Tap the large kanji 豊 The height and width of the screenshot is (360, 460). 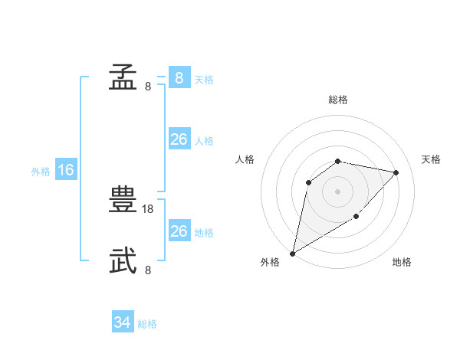tap(123, 199)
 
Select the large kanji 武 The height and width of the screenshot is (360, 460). tap(123, 260)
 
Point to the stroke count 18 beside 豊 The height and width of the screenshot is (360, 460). tap(148, 208)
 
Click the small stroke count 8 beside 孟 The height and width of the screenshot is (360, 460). tap(148, 87)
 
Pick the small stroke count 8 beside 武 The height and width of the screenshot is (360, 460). tap(148, 270)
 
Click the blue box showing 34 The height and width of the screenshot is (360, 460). tap(123, 322)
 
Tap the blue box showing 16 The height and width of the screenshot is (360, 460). tap(66, 170)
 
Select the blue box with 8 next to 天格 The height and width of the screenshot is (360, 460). tap(179, 77)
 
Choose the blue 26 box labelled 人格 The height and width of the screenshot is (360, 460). tap(179, 139)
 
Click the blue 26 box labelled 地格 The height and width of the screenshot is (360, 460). tap(179, 231)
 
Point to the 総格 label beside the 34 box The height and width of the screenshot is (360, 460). tap(147, 324)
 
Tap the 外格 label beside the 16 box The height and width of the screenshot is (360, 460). tap(41, 172)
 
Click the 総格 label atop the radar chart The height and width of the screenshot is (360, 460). tap(338, 100)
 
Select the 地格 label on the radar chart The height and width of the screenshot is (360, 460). tap(402, 262)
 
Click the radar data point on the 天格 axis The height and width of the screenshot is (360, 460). tap(396, 172)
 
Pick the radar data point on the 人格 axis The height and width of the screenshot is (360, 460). tap(309, 182)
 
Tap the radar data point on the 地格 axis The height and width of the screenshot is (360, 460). tap(356, 217)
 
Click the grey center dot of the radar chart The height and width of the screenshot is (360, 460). tap(338, 191)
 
